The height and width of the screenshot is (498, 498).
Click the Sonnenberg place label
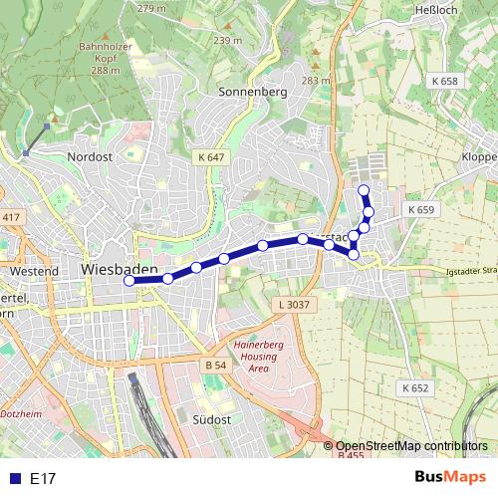[252, 92]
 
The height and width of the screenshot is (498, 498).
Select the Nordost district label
[91, 156]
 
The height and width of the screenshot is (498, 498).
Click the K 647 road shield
[212, 156]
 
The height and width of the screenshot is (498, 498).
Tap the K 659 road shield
[420, 210]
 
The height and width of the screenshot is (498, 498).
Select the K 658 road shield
[444, 81]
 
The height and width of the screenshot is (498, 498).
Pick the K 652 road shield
[415, 387]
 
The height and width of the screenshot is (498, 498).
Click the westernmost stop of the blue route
[128, 281]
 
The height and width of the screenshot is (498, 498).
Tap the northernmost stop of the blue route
[364, 190]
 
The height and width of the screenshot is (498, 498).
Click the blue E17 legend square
[13, 479]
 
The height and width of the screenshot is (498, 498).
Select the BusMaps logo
[451, 478]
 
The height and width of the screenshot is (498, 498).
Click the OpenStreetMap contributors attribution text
[411, 446]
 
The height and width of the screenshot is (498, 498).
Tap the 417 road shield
[11, 217]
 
